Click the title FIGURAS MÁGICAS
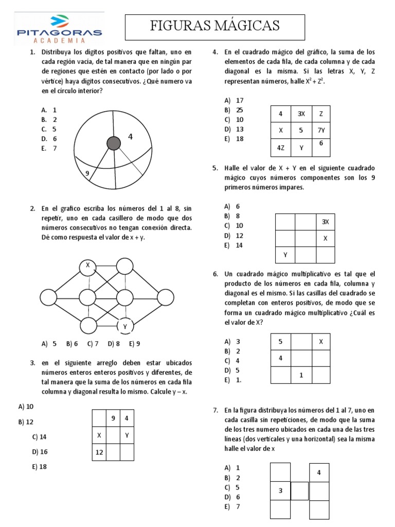pos(215,26)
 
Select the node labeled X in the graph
pos(88,266)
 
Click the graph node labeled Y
pos(125,326)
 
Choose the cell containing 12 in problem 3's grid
pos(99,452)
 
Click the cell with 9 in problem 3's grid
pos(113,418)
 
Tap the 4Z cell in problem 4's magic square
pos(281,148)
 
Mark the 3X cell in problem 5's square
pos(325,222)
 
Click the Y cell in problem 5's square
pos(285,255)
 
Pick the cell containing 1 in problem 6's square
pos(301,375)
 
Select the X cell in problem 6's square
pos(321,342)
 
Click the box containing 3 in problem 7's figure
pos(281,490)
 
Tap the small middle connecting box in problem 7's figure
pos(300,490)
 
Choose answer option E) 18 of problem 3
pos(39,467)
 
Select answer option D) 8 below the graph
pos(114,343)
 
